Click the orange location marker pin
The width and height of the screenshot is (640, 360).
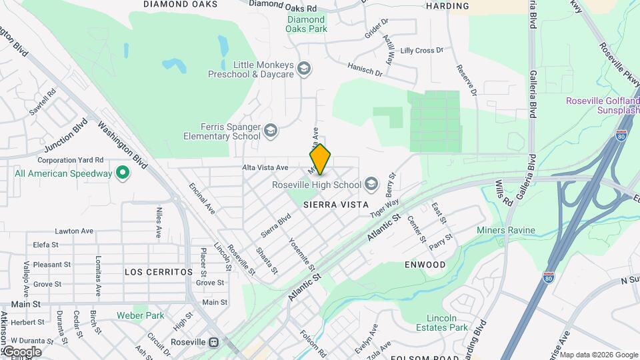(x=320, y=159)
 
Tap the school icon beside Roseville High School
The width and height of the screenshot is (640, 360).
(x=371, y=184)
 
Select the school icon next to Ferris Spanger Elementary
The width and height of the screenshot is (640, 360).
(x=271, y=131)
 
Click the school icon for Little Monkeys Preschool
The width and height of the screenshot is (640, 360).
(x=304, y=69)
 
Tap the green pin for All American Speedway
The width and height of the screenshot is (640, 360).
(x=122, y=173)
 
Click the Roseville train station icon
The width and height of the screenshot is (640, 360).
(x=214, y=343)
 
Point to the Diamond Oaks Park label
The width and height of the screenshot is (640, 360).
(x=307, y=24)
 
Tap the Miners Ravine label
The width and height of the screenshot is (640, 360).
(x=506, y=230)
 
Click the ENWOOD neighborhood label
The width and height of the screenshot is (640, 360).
(x=425, y=265)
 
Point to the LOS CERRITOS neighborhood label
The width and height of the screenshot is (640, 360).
(x=159, y=272)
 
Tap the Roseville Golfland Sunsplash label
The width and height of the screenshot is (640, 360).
(x=603, y=105)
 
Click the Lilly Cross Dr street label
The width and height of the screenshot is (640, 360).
(x=421, y=51)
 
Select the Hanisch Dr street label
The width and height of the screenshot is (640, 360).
(x=365, y=69)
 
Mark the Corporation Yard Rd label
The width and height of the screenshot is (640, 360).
(x=71, y=160)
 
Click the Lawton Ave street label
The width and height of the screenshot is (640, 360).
(x=74, y=231)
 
